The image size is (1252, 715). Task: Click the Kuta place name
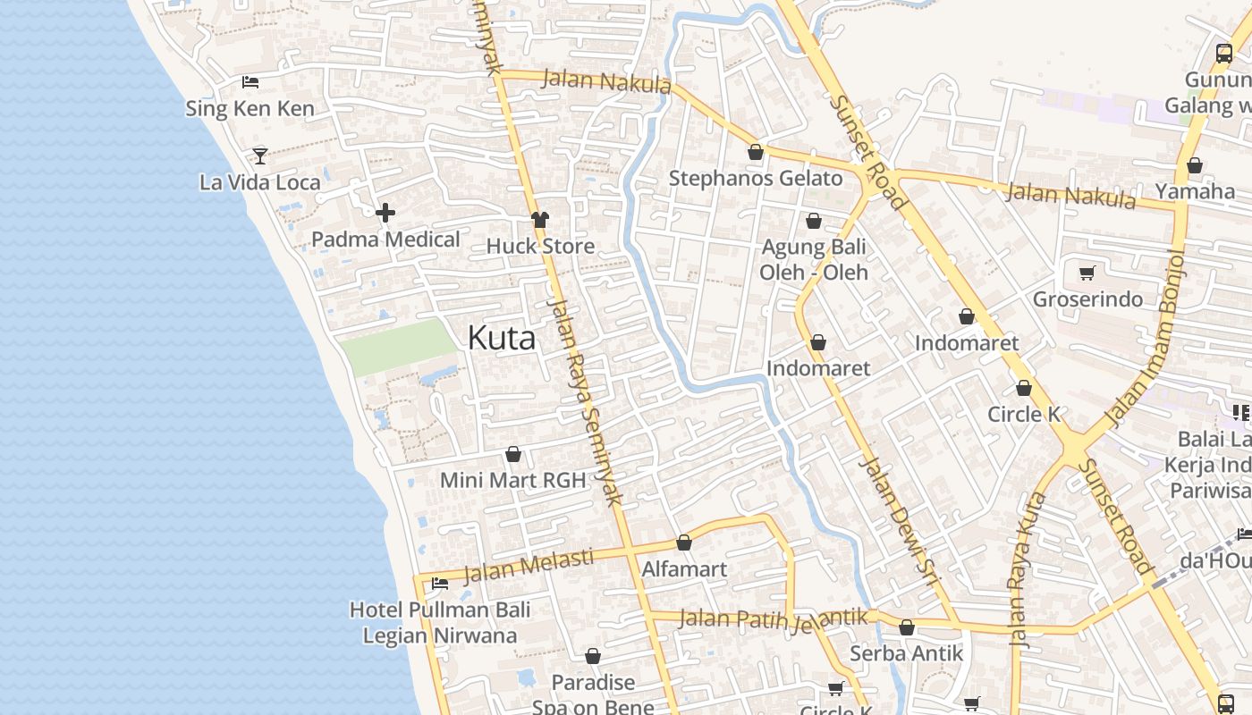(502, 338)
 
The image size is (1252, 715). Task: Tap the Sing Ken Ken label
(250, 109)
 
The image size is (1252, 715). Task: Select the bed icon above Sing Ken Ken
(250, 82)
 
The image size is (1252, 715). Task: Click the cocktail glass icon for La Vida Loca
(259, 156)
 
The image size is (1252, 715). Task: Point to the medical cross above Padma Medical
(385, 213)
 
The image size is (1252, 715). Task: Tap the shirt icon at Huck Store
(539, 219)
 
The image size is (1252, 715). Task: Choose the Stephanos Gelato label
(756, 178)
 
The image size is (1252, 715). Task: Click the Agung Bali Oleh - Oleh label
(814, 259)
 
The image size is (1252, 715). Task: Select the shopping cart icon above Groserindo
(1087, 273)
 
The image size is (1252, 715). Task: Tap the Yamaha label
(1195, 191)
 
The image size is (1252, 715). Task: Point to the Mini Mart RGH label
(512, 480)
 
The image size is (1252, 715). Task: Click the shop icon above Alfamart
(684, 543)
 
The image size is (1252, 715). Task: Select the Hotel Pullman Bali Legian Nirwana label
(440, 623)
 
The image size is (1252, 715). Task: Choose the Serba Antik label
(907, 653)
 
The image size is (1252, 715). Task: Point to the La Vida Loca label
(259, 182)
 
